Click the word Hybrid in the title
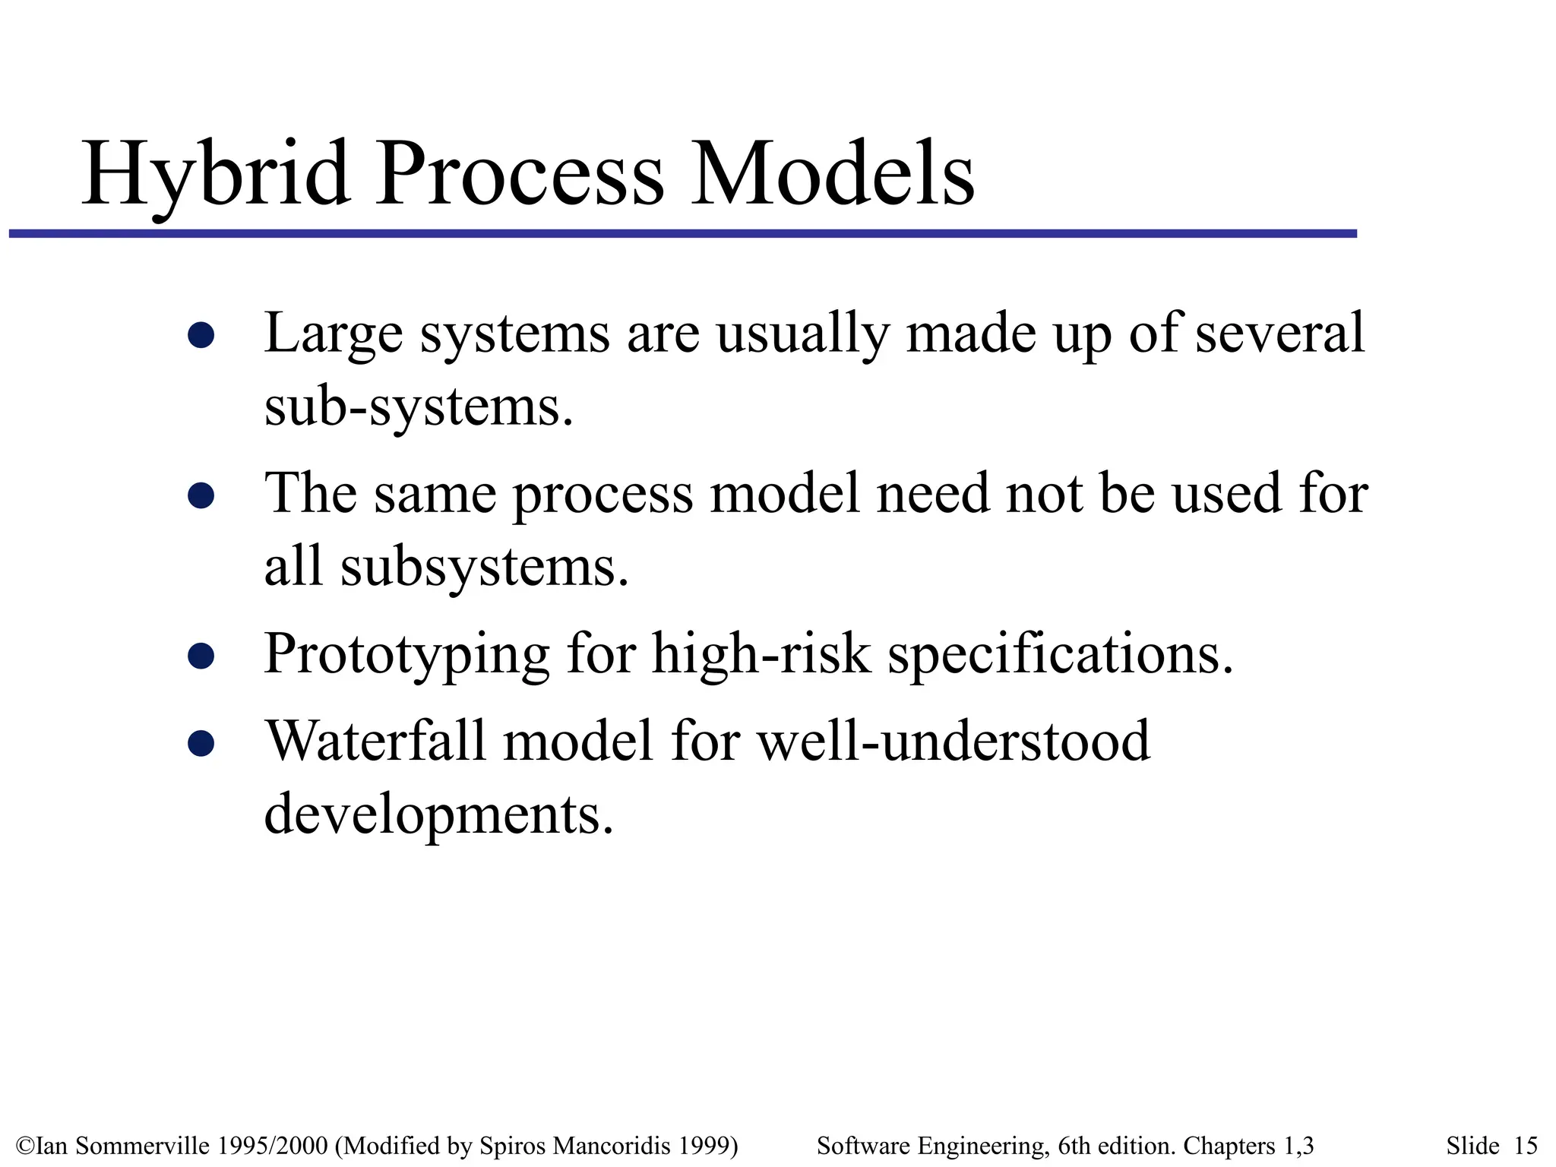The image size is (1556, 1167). coord(217,176)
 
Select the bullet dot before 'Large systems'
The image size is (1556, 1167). coord(201,335)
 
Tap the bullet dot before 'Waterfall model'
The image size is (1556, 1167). coord(201,743)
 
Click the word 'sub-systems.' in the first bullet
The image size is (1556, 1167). coord(419,408)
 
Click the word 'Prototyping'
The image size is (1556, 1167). coord(406,655)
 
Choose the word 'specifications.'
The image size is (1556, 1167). coord(1061,655)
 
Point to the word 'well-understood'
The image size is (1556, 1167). coord(954,741)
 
